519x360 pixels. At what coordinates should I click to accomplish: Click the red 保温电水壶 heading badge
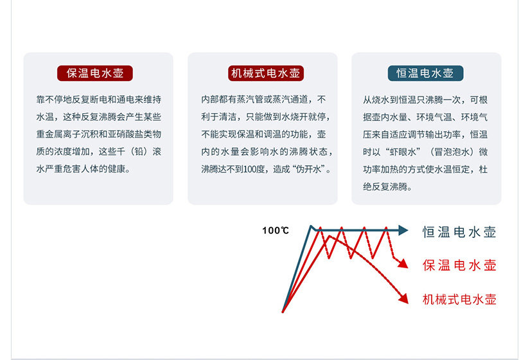point(95,73)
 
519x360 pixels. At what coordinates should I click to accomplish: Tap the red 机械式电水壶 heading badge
point(265,73)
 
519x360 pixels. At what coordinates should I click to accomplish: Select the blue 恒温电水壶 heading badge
point(425,73)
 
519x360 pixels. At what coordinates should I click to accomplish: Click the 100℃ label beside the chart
point(276,230)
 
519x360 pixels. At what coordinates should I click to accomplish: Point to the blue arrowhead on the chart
point(403,230)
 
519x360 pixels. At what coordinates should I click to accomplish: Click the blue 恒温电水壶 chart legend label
point(459,232)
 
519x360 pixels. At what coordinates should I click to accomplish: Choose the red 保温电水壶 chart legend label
point(459,265)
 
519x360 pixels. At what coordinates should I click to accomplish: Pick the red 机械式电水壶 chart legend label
point(459,300)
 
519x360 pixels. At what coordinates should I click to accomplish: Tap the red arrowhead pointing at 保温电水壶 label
point(403,263)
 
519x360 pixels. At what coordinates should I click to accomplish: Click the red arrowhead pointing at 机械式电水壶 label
point(404,298)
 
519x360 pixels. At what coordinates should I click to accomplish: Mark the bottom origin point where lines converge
point(283,311)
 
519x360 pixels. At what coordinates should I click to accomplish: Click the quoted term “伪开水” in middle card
point(308,169)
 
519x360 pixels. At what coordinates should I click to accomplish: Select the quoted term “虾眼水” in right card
point(403,152)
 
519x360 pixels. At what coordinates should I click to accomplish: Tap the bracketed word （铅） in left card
point(139,151)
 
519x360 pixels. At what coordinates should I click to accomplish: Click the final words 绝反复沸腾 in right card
point(385,187)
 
